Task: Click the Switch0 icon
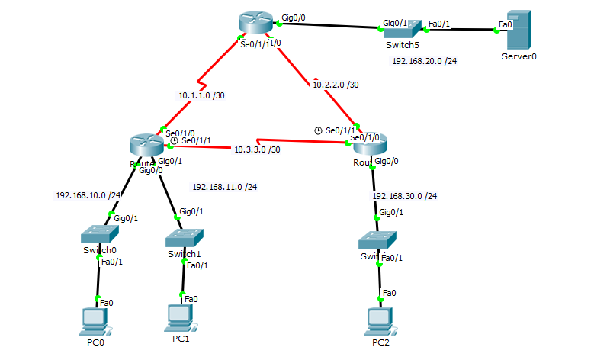click(99, 235)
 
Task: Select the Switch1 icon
click(185, 238)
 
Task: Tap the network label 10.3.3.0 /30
click(257, 149)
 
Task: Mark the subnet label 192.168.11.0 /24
click(224, 186)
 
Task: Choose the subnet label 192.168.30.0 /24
click(405, 196)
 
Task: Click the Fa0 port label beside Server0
click(504, 24)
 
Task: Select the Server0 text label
click(519, 56)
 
